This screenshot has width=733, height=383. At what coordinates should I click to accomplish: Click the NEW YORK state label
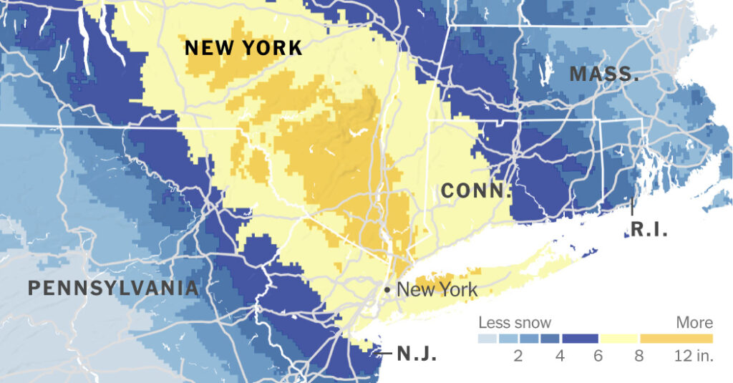pos(243,49)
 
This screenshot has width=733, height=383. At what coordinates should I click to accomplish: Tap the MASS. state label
pos(604,74)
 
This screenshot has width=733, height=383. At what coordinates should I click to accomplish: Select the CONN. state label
pos(476,191)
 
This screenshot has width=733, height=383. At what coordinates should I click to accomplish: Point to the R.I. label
pos(649,230)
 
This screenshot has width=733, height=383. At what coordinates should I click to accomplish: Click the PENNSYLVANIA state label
pos(113,289)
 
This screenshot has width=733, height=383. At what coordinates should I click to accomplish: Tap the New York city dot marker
pos(387,289)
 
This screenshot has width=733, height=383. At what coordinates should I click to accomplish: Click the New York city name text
pos(437,289)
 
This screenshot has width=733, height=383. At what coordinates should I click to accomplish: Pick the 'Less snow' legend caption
pos(515,323)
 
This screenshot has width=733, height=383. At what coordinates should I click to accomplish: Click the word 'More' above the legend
pos(694,323)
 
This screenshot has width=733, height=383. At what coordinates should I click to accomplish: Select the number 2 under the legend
pos(518,356)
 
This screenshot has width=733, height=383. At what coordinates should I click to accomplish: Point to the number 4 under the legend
pos(560,356)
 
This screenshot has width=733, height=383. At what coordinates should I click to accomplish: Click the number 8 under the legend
pos(639,356)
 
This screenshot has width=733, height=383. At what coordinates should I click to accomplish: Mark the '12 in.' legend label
pos(694,356)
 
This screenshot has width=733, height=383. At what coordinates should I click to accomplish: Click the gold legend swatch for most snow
pos(676,338)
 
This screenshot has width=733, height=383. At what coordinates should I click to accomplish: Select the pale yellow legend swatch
pos(619,338)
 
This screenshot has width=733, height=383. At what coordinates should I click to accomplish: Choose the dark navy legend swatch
pos(580,338)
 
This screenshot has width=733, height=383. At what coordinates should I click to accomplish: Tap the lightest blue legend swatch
pos(488,338)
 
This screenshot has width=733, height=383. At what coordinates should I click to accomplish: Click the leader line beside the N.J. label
pos(384,353)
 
